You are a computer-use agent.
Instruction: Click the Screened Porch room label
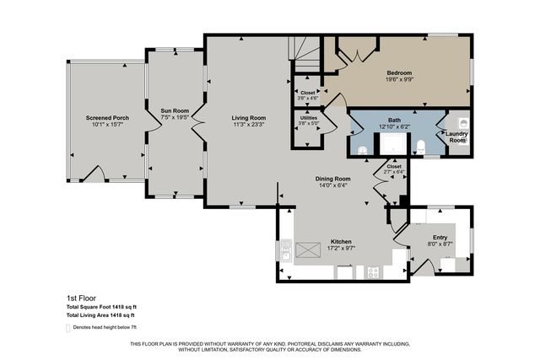pyautogui.click(x=107, y=117)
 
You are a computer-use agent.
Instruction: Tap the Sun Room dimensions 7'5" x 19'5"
pyautogui.click(x=175, y=117)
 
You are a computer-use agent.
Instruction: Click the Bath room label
pyautogui.click(x=394, y=120)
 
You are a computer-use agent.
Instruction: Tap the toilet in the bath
pyautogui.click(x=419, y=147)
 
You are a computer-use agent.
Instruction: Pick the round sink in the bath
pyautogui.click(x=363, y=149)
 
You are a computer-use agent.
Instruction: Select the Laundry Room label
pyautogui.click(x=456, y=137)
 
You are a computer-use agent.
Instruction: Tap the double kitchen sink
pyautogui.click(x=285, y=250)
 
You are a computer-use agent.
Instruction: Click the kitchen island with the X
pyautogui.click(x=310, y=248)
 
